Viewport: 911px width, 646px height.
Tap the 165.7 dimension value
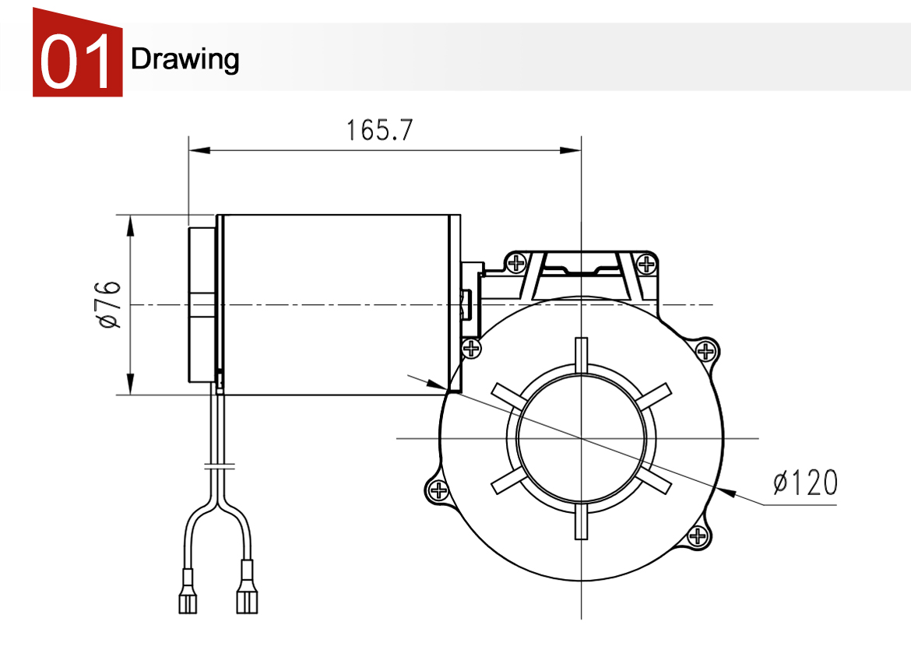[379, 130]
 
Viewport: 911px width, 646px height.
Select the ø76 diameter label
[110, 304]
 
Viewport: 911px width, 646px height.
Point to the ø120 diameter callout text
[805, 483]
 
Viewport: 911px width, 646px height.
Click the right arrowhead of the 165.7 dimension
[570, 150]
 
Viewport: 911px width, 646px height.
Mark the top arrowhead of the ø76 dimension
[130, 226]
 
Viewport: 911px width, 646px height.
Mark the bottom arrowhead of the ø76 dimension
[130, 384]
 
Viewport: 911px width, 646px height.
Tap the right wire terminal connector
[247, 587]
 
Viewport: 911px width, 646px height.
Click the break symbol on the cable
[220, 465]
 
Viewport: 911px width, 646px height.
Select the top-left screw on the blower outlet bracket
[516, 264]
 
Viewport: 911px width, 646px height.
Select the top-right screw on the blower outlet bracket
[646, 265]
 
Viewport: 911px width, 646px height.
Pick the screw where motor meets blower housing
[471, 349]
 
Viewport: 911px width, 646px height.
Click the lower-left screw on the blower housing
[438, 491]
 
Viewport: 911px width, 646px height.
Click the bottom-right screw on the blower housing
[698, 536]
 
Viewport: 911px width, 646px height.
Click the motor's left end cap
[202, 304]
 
